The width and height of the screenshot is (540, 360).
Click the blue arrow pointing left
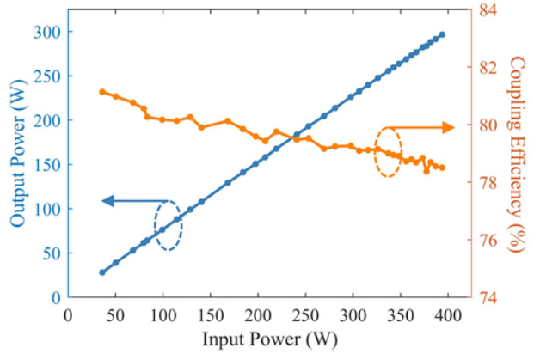[129, 201]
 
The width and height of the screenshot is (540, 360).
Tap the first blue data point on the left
[101, 272]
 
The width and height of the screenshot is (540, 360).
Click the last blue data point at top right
[442, 34]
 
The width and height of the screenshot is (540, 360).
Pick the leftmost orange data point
[101, 91]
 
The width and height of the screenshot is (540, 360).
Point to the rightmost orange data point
[442, 168]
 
